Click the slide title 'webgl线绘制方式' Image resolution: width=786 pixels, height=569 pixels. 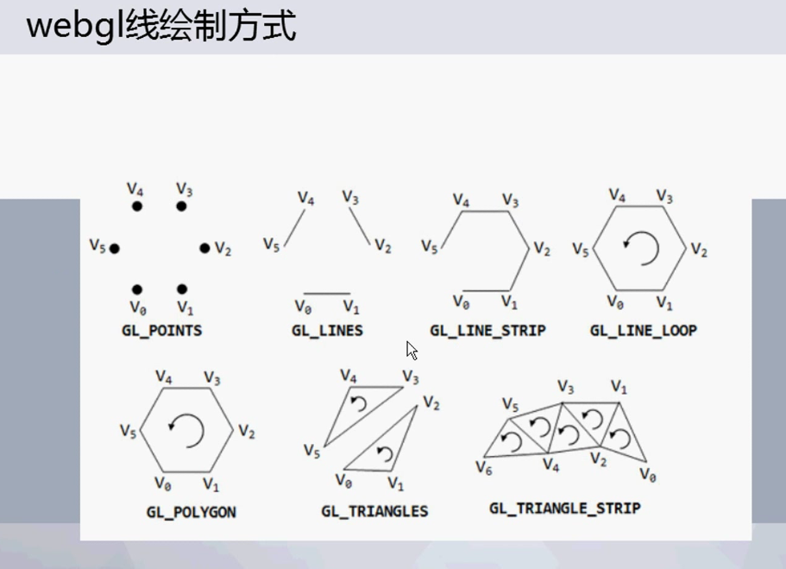click(x=161, y=27)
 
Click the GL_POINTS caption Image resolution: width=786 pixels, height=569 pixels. click(x=161, y=330)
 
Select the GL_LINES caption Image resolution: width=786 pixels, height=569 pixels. click(x=327, y=330)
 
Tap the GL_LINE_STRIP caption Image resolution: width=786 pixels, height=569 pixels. click(x=487, y=330)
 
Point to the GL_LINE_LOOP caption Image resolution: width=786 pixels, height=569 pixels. click(x=643, y=330)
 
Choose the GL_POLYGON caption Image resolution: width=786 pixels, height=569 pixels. click(x=191, y=512)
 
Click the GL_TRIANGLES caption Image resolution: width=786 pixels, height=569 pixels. click(x=374, y=511)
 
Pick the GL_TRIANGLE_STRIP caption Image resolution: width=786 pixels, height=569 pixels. click(x=564, y=508)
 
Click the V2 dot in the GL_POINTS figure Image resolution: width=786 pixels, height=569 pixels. click(x=204, y=249)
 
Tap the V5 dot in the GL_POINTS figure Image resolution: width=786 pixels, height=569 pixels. click(x=114, y=249)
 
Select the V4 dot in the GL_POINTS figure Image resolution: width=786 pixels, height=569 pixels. click(x=137, y=206)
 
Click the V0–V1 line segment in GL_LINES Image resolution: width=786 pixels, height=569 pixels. click(x=328, y=294)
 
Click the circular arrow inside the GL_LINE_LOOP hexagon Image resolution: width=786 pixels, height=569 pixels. click(x=642, y=249)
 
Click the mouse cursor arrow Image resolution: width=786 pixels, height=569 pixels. click(x=412, y=350)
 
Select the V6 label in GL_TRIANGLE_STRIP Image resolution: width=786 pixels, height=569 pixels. click(x=484, y=467)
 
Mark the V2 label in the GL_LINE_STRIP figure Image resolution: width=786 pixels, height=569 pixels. click(x=541, y=250)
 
